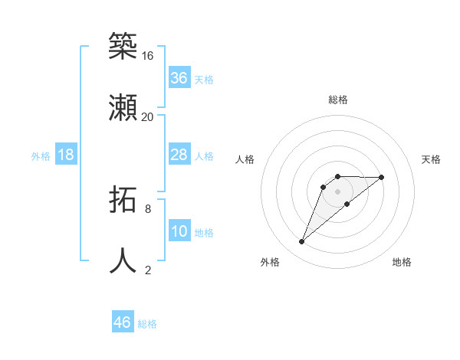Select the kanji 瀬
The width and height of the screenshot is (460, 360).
[123, 107]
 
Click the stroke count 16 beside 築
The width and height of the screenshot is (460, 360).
[147, 56]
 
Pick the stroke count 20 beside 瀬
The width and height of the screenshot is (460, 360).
[147, 117]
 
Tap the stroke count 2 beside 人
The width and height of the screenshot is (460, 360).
[147, 270]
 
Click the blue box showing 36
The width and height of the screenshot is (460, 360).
[179, 78]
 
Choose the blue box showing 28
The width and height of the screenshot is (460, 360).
[179, 155]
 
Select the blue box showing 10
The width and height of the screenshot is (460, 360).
[179, 231]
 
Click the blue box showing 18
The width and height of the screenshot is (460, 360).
[66, 155]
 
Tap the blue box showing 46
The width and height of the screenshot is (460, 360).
[123, 322]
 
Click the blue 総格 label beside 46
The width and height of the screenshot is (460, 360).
[147, 324]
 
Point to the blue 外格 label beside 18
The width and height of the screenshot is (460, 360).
[41, 156]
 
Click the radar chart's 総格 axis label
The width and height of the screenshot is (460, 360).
[337, 100]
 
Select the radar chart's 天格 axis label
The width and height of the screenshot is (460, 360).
[431, 159]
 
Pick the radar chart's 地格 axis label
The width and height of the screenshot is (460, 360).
[402, 262]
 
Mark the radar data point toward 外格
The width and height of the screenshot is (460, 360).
[301, 242]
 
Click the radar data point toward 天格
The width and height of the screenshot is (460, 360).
[381, 177]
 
